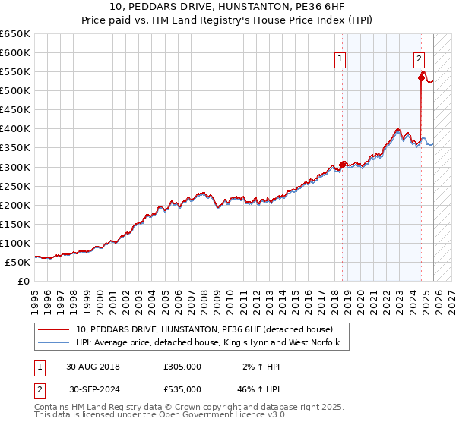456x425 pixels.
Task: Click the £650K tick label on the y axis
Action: pos(15,34)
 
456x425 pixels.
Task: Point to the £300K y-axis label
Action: pos(15,167)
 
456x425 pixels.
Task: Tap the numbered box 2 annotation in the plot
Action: pos(419,58)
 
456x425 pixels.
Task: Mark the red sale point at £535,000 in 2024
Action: pos(420,77)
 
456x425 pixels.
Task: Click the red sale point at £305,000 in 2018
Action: pos(342,165)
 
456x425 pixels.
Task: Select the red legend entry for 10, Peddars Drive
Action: pos(204,329)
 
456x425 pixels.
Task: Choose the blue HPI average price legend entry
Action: pos(212,343)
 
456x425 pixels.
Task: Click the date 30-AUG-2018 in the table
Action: pos(93,366)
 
